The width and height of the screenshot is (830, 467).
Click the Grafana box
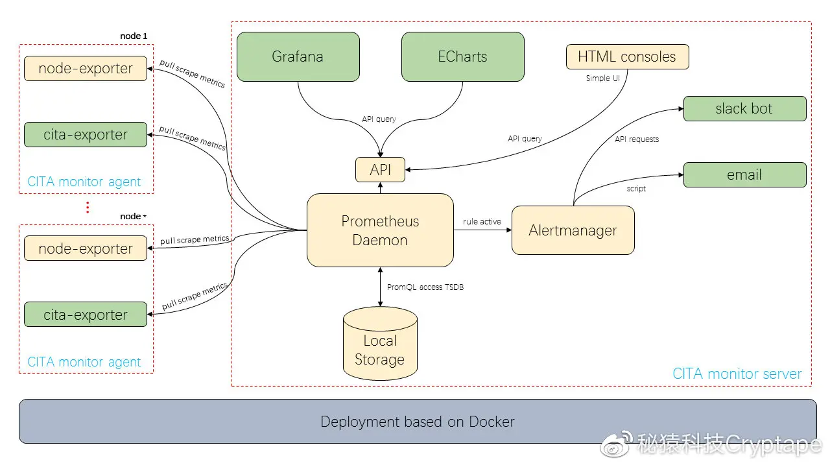(298, 57)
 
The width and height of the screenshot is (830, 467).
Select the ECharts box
(462, 57)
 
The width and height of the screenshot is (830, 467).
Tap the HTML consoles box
(627, 57)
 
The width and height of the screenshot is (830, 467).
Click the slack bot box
(744, 109)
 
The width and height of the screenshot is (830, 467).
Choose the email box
(744, 175)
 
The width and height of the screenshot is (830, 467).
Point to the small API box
(381, 170)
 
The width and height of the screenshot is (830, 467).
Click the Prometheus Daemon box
(380, 230)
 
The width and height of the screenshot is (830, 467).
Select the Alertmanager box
(573, 230)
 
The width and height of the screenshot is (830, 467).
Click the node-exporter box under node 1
(86, 69)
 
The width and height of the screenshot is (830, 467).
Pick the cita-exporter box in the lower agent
(86, 315)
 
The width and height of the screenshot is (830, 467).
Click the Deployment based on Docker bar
(418, 422)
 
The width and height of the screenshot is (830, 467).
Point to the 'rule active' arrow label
(482, 222)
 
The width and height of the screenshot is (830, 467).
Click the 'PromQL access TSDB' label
(425, 287)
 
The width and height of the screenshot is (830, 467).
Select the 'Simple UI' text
(602, 78)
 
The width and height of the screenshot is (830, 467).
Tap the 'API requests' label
(637, 139)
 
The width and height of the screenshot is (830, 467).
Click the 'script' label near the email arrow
(636, 189)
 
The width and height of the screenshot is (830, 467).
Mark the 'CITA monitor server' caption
(737, 374)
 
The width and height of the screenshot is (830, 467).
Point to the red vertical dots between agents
(88, 208)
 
